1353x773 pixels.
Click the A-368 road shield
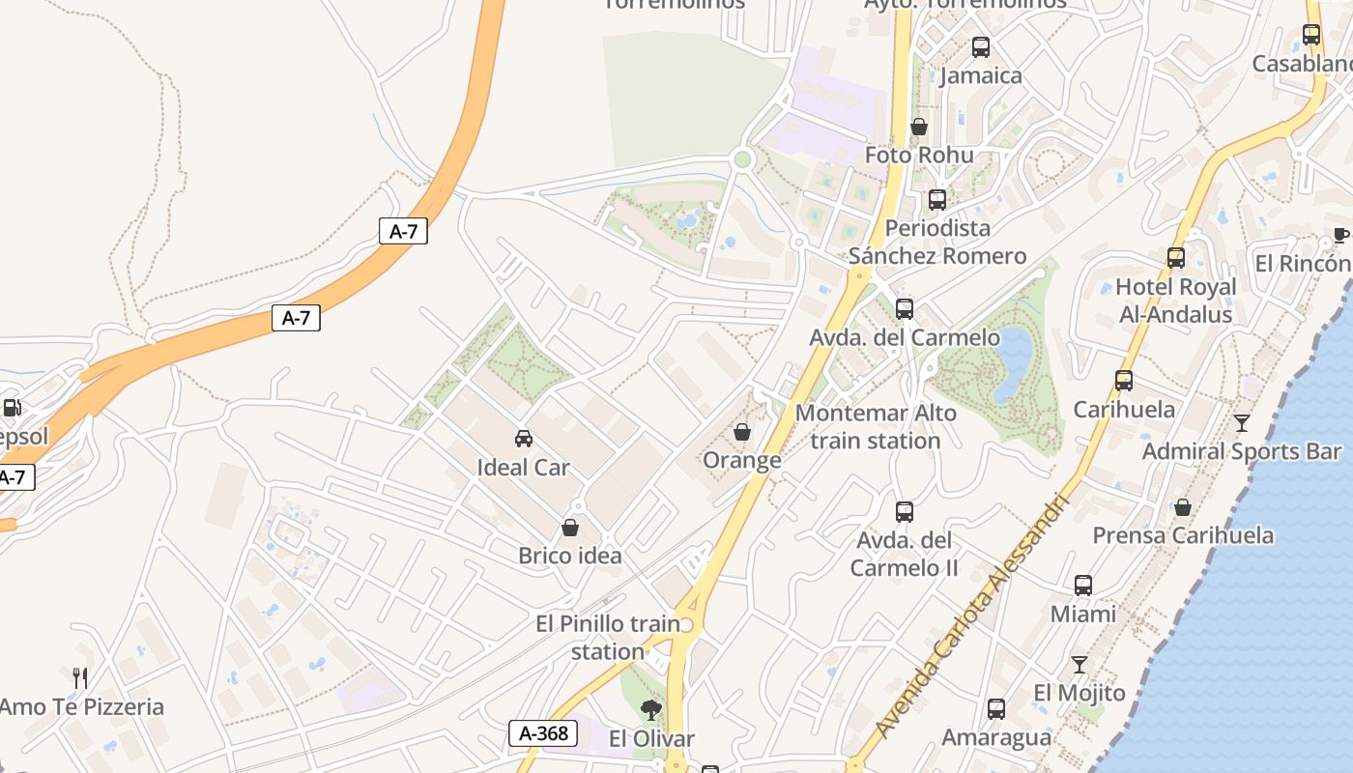click(x=543, y=733)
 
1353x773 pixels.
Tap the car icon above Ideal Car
click(x=523, y=439)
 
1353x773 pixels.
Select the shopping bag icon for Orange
click(x=741, y=432)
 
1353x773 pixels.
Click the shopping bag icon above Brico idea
click(x=570, y=528)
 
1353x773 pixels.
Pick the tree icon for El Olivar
click(x=651, y=710)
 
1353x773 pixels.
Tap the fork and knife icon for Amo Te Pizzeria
click(x=80, y=677)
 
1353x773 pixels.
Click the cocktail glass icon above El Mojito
click(x=1079, y=665)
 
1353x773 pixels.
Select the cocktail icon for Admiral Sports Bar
click(x=1241, y=423)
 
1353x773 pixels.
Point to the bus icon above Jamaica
click(x=980, y=46)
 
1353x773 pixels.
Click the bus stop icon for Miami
click(x=1082, y=585)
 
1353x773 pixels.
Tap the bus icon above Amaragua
click(x=995, y=708)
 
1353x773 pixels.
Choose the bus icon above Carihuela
click(x=1123, y=381)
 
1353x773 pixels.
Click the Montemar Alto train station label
click(x=876, y=427)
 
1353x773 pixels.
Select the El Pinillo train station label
click(x=608, y=638)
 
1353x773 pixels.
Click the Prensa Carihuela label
click(x=1183, y=535)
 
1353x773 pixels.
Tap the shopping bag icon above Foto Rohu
click(x=918, y=127)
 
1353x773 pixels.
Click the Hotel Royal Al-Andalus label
click(x=1175, y=301)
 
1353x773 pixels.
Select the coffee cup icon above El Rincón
click(x=1340, y=235)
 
